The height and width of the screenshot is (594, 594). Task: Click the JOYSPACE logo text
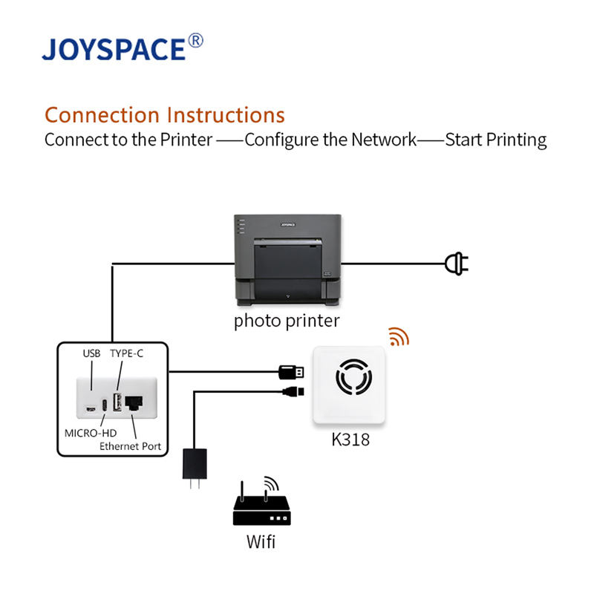(113, 49)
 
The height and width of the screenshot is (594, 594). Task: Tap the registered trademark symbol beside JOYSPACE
(195, 41)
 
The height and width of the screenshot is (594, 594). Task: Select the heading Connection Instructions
(164, 115)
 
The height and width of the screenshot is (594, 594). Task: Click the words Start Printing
(495, 140)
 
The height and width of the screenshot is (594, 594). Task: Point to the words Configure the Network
(330, 140)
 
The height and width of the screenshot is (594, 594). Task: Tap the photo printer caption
(287, 321)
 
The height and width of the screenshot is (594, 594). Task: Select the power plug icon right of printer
(456, 263)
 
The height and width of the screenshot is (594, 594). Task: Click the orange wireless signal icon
(399, 338)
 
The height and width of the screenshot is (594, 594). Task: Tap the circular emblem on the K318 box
(349, 379)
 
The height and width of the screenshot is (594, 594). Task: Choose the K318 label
(350, 440)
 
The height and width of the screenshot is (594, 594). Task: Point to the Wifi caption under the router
(261, 542)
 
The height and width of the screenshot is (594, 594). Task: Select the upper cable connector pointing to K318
(291, 372)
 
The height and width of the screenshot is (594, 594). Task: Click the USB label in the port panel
(91, 353)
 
